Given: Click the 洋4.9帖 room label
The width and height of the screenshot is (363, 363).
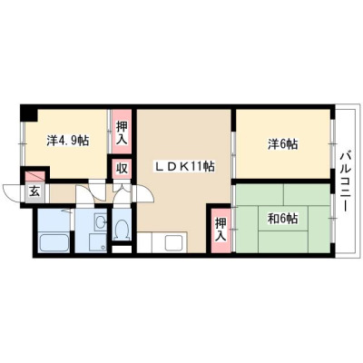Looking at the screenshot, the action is tap(68, 141).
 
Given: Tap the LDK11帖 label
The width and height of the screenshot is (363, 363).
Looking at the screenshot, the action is tap(185, 166).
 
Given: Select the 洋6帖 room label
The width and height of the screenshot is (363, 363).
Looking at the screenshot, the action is tap(282, 144).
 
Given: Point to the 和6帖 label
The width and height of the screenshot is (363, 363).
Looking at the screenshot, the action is tap(282, 219).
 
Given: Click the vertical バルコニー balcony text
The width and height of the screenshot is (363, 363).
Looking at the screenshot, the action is tap(344, 181).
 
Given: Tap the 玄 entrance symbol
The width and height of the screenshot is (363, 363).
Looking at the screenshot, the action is tap(34, 191).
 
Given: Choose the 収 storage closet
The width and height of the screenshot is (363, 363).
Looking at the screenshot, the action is tap(122, 169).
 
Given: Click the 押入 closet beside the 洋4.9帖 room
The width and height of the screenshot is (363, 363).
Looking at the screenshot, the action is tap(122, 132).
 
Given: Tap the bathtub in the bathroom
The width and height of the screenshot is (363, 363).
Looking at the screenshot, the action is tap(54, 242).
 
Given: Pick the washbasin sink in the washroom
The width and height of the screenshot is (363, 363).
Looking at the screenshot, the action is tap(100, 223).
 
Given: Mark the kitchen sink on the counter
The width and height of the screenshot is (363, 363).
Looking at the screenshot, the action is tap(174, 242).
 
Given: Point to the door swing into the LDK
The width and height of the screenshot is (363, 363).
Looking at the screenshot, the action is tap(146, 193).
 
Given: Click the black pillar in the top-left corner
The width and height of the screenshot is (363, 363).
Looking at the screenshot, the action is tap(28, 113).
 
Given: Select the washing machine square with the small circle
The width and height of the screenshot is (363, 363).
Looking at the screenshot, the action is tap(97, 242).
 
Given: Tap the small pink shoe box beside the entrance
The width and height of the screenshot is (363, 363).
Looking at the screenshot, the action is tap(35, 176).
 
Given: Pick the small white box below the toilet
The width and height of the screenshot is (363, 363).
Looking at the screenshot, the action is tap(122, 250).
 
